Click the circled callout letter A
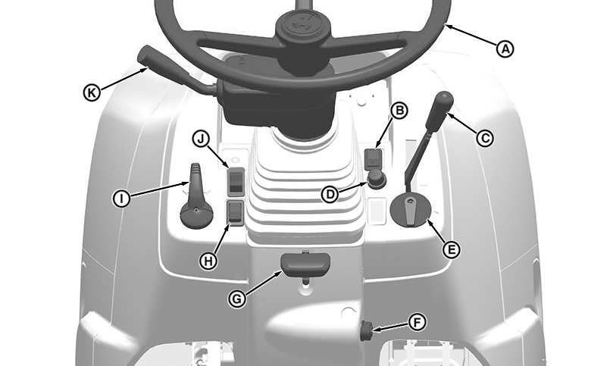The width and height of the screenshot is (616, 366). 505,49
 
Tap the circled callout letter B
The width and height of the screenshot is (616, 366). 399,111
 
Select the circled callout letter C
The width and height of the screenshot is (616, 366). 485,138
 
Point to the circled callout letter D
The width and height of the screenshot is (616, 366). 330,195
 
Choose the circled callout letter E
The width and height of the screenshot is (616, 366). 452,249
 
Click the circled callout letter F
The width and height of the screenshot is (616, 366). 417,322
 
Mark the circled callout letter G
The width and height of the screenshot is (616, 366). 237,299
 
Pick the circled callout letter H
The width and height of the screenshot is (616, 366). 208,261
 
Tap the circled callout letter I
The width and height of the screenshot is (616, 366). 121,199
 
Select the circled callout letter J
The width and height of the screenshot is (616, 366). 201,139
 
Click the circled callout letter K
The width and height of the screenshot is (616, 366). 92,93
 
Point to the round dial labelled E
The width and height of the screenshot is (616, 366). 411,211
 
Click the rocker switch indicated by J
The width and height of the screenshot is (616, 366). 236,182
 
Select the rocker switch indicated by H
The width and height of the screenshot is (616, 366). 236,213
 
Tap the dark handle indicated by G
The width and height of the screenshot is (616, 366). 305,264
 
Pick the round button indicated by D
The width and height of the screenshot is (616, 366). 377,179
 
